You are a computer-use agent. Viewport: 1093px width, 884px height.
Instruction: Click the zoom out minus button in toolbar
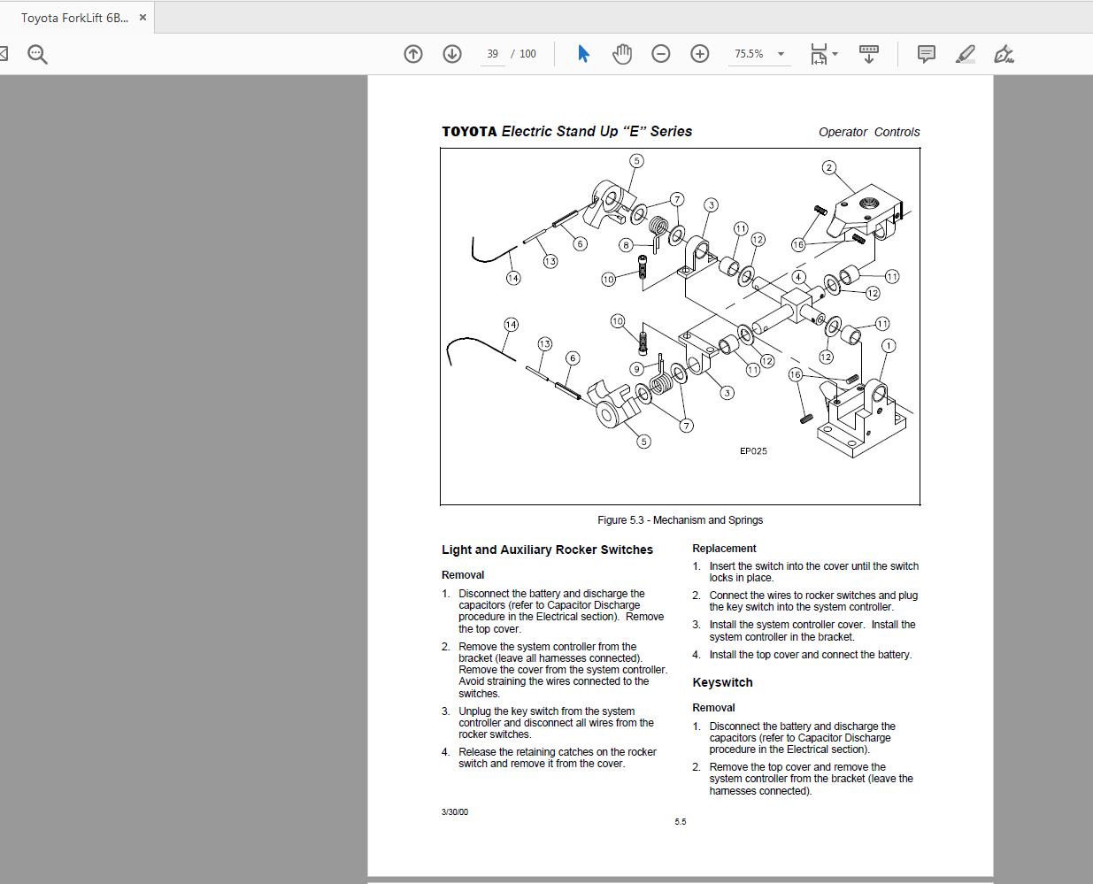click(660, 54)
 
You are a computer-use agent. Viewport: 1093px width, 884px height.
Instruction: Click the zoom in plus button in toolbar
click(699, 54)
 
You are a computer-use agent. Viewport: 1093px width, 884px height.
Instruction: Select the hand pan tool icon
click(622, 54)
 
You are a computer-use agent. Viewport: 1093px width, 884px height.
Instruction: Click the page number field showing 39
click(492, 54)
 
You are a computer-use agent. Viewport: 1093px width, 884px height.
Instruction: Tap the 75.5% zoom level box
click(750, 54)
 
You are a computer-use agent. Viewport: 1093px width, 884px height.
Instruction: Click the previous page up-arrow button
click(413, 54)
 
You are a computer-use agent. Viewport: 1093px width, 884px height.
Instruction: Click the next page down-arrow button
click(452, 54)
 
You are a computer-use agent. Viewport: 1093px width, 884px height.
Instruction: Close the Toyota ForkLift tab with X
click(142, 18)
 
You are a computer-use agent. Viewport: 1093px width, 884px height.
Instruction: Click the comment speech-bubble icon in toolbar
click(926, 54)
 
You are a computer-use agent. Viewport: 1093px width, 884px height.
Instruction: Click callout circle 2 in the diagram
click(828, 167)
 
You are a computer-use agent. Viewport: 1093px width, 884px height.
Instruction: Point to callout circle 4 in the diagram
click(798, 277)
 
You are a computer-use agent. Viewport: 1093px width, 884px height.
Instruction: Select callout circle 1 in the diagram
click(889, 345)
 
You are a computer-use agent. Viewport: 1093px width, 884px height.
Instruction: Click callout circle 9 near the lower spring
click(636, 369)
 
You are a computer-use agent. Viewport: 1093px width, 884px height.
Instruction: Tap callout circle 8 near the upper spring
click(626, 245)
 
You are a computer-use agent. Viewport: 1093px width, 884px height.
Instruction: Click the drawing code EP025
click(753, 451)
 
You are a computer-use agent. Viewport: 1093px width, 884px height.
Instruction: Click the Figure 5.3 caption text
click(680, 520)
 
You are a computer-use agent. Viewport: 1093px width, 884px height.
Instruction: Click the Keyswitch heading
click(722, 682)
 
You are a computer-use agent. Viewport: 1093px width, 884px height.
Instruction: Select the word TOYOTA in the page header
click(469, 132)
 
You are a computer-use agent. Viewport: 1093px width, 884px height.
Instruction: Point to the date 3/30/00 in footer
click(455, 812)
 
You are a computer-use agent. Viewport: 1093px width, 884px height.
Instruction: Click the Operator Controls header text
click(868, 132)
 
